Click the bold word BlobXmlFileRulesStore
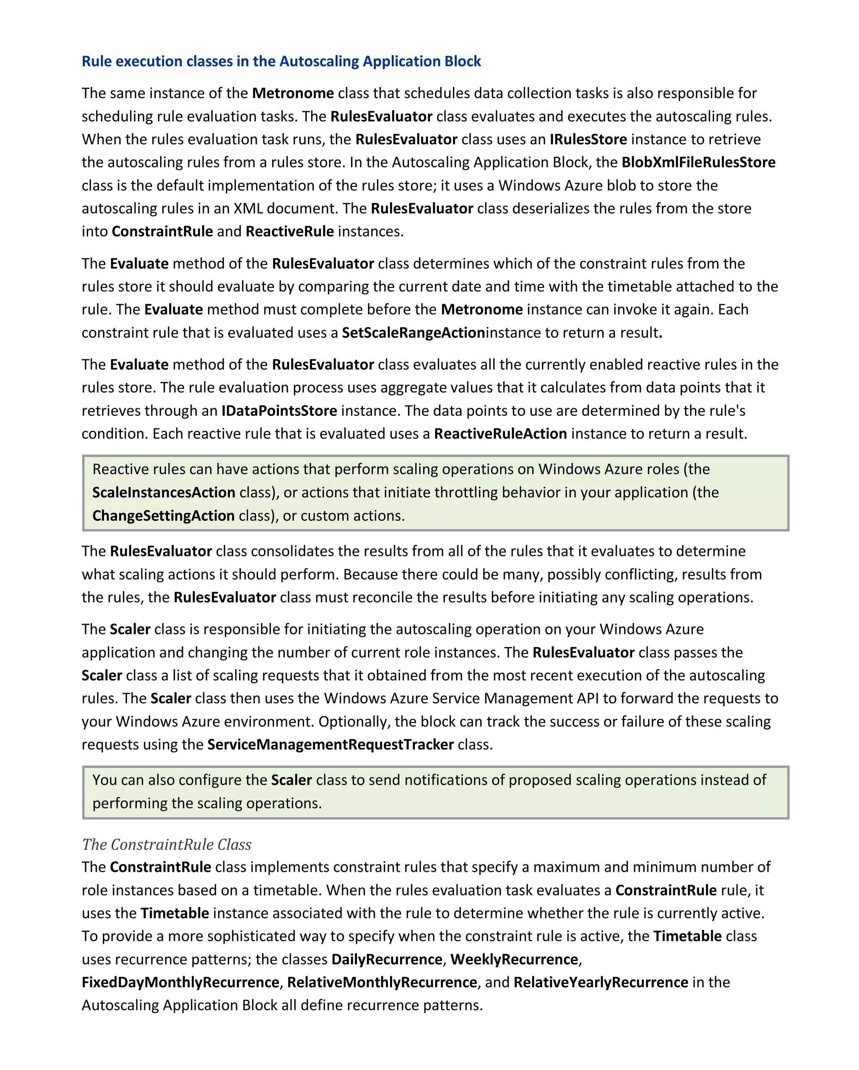point(698,162)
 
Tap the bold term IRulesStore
point(588,139)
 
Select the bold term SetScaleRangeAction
point(413,332)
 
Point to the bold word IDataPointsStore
point(279,411)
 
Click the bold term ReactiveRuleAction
point(500,434)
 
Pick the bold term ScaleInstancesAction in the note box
point(164,492)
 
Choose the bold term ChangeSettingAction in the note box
point(163,516)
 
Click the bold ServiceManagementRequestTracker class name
point(331,744)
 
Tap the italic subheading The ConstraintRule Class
point(167,844)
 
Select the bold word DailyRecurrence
point(386,959)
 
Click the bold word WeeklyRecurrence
point(514,959)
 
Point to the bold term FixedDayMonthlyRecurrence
point(180,982)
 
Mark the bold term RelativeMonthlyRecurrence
point(382,982)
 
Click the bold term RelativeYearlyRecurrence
point(601,982)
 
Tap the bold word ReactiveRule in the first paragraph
point(290,232)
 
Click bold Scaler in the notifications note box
point(291,780)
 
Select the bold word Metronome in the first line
point(293,93)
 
